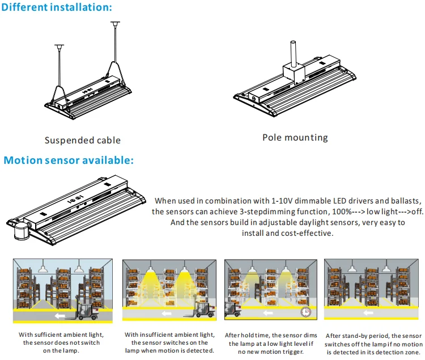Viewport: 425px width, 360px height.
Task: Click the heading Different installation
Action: click(57, 7)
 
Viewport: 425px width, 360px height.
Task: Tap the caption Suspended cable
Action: click(83, 140)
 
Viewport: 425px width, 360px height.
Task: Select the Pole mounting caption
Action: click(295, 137)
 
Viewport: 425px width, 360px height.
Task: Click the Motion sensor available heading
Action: click(69, 160)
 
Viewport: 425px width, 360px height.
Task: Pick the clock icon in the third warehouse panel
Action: click(305, 312)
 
